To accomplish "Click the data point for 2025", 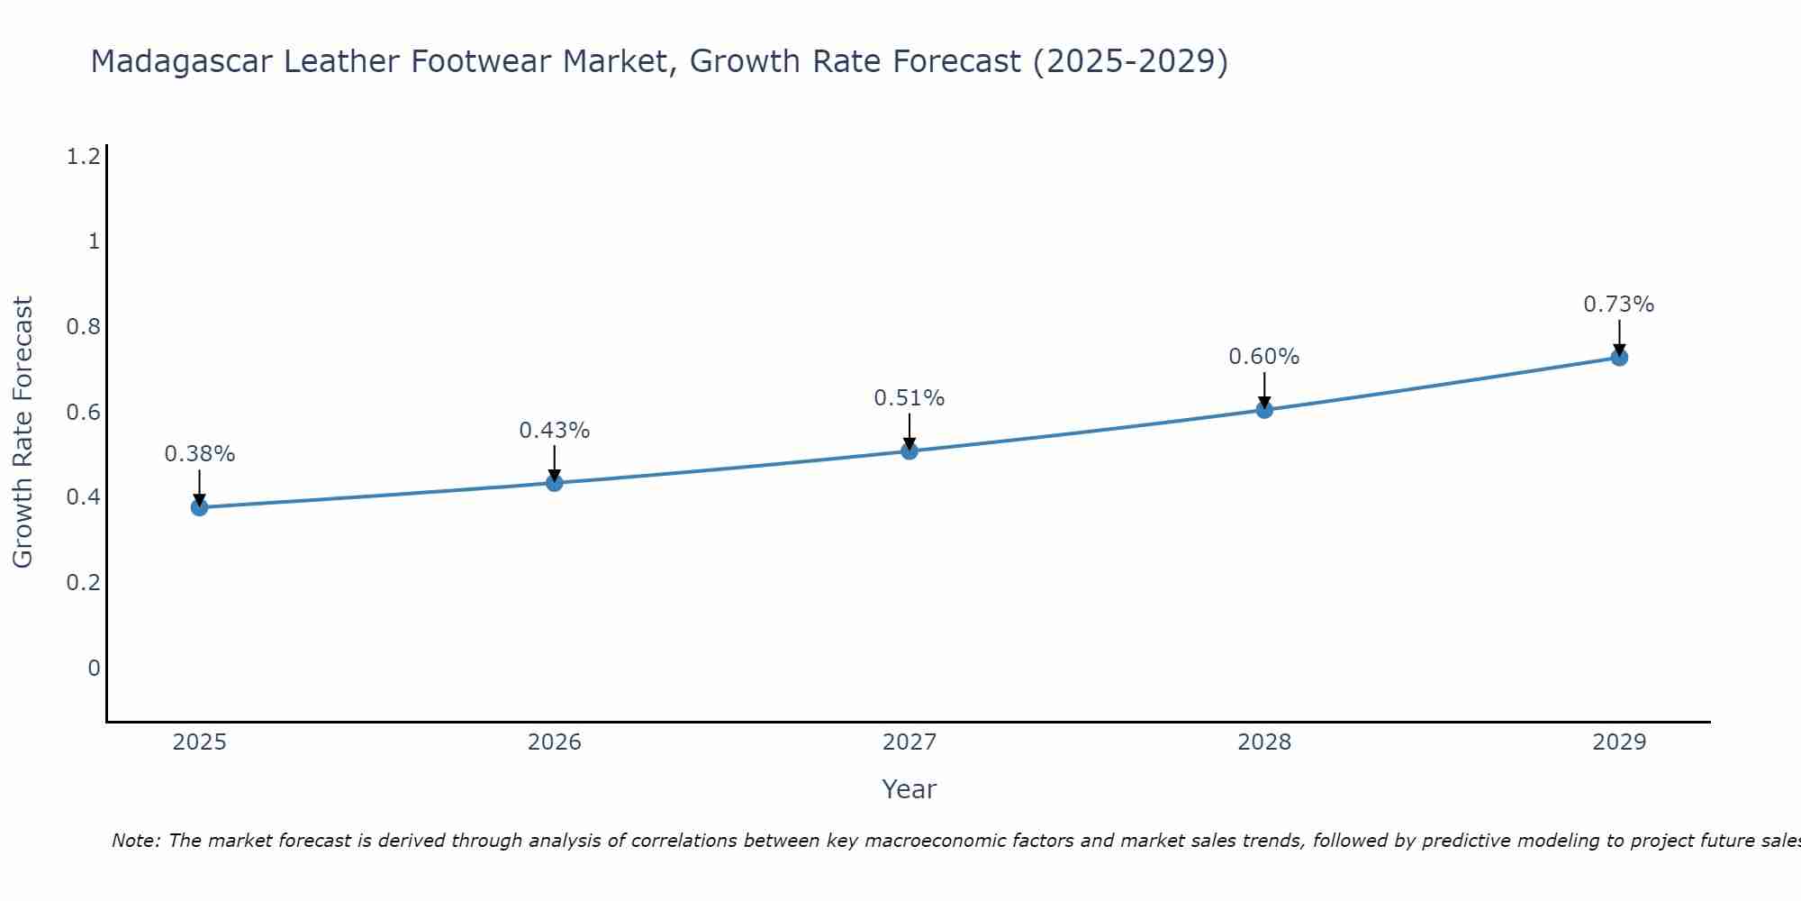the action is (x=199, y=507).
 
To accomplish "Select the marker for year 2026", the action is (x=555, y=483).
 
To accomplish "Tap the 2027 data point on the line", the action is (x=910, y=450).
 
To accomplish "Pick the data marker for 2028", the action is (x=1264, y=410).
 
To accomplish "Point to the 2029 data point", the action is (x=1619, y=358).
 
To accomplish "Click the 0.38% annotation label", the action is (x=200, y=454).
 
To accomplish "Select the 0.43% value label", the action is (x=555, y=431).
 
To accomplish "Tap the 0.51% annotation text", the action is (x=910, y=398).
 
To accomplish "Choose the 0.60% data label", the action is (x=1264, y=357).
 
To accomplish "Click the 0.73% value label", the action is (x=1619, y=305).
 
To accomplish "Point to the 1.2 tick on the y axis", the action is (x=83, y=157).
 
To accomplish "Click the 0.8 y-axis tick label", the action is (x=83, y=326).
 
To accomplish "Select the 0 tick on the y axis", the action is (x=94, y=668).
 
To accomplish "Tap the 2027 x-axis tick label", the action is (x=910, y=742).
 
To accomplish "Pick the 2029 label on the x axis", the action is (x=1619, y=742).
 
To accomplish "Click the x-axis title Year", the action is (x=910, y=789).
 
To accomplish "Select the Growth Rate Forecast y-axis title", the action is (x=23, y=432).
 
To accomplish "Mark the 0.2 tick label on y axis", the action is (x=83, y=582).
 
